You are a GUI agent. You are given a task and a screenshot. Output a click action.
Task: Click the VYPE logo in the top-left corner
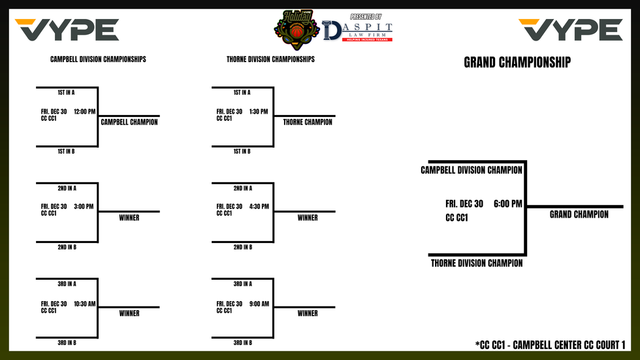coord(67,30)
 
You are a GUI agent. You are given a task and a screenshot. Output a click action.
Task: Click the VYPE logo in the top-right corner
coord(571,30)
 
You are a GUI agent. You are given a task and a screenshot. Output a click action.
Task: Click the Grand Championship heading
coord(517,63)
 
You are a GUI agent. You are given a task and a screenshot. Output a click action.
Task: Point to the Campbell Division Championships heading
coord(98,59)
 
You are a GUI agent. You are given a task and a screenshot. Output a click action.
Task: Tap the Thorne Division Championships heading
coord(270,59)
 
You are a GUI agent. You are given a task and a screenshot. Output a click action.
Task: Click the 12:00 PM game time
coord(85,112)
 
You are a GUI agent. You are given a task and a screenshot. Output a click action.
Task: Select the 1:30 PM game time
coord(259,112)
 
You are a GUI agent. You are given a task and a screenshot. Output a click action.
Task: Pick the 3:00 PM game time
coord(84,206)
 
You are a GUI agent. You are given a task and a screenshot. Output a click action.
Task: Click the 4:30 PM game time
coord(259,206)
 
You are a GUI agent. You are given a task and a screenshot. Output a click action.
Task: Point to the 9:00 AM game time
coord(259,304)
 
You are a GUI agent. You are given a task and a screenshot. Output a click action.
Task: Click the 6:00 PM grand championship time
coord(508,204)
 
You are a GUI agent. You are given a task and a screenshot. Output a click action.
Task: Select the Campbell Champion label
coord(129,122)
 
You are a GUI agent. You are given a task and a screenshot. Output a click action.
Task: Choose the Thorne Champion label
coord(308,122)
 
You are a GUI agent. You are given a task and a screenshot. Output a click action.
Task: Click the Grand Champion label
coord(579,214)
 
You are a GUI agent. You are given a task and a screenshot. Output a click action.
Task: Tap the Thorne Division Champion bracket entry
coord(476,263)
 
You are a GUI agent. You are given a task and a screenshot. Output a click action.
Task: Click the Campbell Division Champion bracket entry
coord(472,171)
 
